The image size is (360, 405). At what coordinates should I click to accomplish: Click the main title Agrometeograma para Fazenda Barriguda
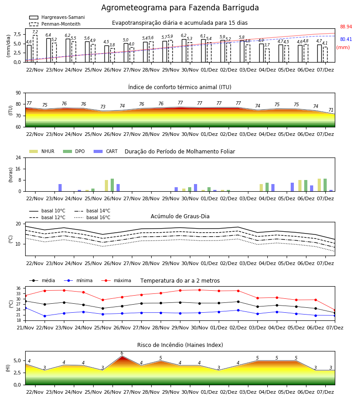(180, 8)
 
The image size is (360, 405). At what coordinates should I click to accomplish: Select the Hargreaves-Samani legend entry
(57, 17)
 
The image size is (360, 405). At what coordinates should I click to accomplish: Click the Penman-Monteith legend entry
(55, 24)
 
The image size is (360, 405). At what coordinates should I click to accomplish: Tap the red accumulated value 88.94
(346, 27)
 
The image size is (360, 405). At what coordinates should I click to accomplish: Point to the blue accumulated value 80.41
(346, 39)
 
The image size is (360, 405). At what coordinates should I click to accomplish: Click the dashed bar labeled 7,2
(35, 49)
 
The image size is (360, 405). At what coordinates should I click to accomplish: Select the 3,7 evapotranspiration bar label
(267, 45)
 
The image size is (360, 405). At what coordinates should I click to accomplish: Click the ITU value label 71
(331, 110)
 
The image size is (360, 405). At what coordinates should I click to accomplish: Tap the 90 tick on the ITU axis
(18, 93)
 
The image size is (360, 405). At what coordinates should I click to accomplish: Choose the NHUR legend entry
(42, 151)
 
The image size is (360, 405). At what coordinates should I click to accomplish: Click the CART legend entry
(106, 151)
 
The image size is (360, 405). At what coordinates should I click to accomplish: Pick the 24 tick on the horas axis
(18, 157)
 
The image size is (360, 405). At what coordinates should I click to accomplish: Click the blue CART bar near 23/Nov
(60, 188)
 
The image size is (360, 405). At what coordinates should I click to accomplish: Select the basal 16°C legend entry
(92, 217)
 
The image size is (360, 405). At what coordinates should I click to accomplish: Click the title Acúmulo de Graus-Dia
(180, 216)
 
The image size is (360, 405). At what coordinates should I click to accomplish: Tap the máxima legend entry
(116, 280)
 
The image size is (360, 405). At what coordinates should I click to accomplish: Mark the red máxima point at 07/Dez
(335, 310)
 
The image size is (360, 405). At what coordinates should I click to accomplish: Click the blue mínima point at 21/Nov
(25, 308)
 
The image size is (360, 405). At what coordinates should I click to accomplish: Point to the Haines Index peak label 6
(122, 353)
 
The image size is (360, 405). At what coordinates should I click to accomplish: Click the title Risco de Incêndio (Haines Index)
(180, 345)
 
